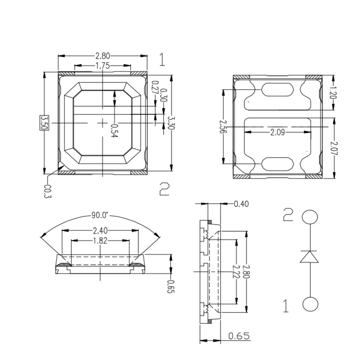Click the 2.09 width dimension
(x=277, y=132)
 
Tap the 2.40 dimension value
(x=100, y=231)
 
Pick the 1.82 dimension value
(x=100, y=241)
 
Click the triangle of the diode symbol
(x=309, y=256)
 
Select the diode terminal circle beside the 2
(x=310, y=217)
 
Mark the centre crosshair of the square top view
(x=102, y=123)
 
